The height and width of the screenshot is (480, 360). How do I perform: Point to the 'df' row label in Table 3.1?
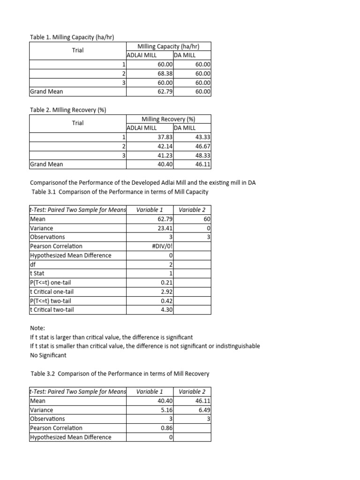pos(32,264)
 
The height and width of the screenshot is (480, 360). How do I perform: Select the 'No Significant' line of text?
pos(48,355)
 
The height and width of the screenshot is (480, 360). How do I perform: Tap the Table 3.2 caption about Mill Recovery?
pos(120,374)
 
